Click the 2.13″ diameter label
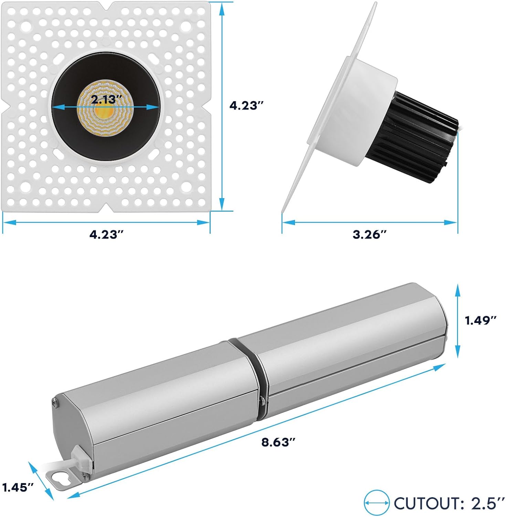point(106,100)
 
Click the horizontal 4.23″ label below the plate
point(106,235)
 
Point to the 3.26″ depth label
point(370,235)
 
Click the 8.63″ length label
point(278,442)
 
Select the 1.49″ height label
point(481,321)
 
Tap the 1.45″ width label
point(18,487)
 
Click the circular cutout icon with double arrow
point(377,503)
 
